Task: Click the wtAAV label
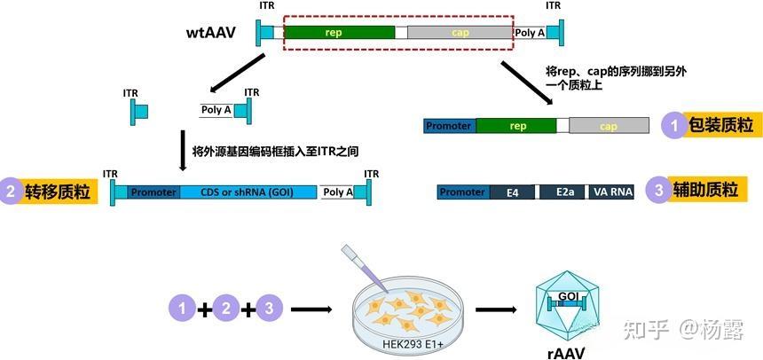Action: pos(210,35)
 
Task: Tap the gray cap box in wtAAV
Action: pos(460,33)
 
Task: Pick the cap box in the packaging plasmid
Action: pos(608,126)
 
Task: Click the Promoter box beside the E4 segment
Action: pos(462,192)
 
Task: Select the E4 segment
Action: pos(512,192)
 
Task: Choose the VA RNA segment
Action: pos(611,192)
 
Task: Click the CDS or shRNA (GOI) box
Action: pos(248,192)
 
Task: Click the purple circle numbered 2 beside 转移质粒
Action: pos(12,191)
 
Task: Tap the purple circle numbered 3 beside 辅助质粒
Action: pos(657,191)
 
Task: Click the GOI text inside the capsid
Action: pos(568,296)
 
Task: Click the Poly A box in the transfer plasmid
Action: pos(336,192)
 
